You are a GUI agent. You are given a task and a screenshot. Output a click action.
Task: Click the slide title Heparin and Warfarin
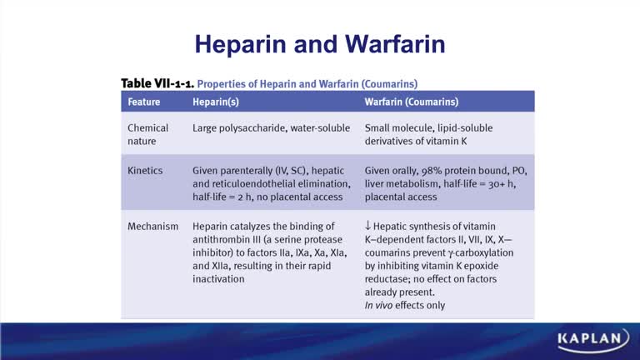coord(319,43)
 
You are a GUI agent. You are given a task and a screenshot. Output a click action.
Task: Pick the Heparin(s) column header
coord(218,102)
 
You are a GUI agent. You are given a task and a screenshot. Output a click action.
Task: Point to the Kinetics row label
coord(145,171)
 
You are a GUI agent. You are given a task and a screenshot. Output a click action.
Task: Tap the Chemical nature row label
coord(147,134)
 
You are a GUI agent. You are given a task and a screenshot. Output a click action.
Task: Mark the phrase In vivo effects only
coord(405,306)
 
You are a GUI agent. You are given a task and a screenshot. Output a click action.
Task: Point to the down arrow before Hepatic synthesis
coord(368,226)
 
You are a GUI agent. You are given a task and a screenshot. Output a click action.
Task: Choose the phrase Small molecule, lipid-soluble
coord(436,128)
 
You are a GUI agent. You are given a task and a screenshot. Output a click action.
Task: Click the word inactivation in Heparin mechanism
coord(218,279)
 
